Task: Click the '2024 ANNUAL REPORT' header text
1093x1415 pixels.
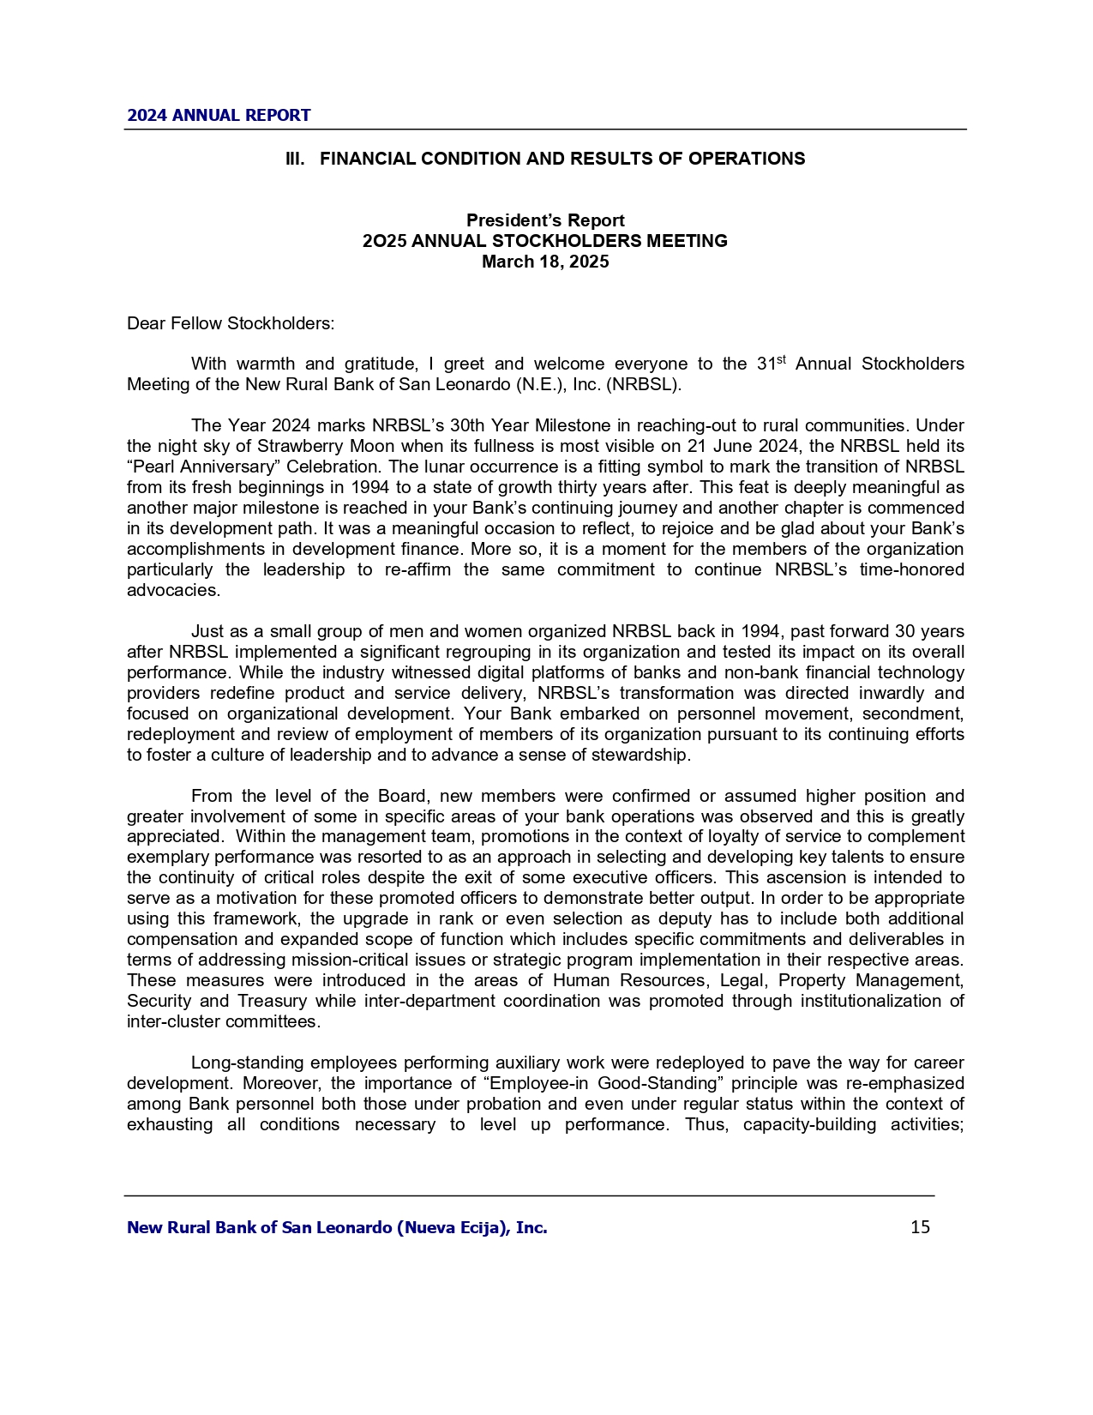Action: pos(219,116)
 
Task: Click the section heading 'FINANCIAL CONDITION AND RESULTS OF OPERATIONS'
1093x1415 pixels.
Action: pos(562,159)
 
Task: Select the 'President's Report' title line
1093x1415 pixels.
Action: pos(545,220)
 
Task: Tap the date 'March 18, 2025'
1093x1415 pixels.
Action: pos(545,262)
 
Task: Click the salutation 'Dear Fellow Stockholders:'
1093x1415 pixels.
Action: pos(231,323)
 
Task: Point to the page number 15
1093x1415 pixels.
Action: pos(920,1227)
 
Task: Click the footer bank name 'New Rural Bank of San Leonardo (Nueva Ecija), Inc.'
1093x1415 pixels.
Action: pos(337,1227)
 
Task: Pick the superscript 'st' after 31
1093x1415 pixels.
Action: pos(781,359)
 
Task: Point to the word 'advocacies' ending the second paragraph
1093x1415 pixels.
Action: pos(171,591)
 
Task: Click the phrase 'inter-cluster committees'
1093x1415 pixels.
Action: pos(223,1022)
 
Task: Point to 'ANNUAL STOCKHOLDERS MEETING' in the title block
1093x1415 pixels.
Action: pos(569,241)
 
